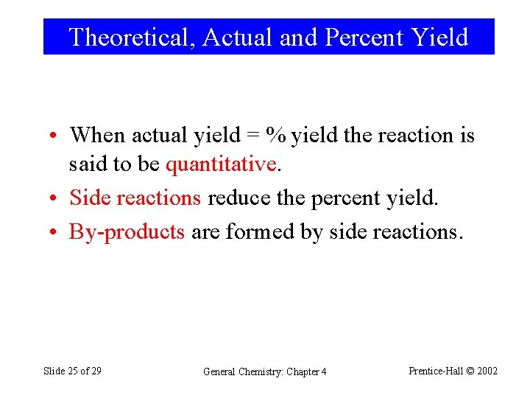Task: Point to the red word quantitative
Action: (222, 164)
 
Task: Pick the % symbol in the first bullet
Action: (277, 136)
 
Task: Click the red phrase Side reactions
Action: (135, 198)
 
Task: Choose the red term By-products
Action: (127, 232)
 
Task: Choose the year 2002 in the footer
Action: (487, 371)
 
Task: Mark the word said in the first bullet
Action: (82, 164)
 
